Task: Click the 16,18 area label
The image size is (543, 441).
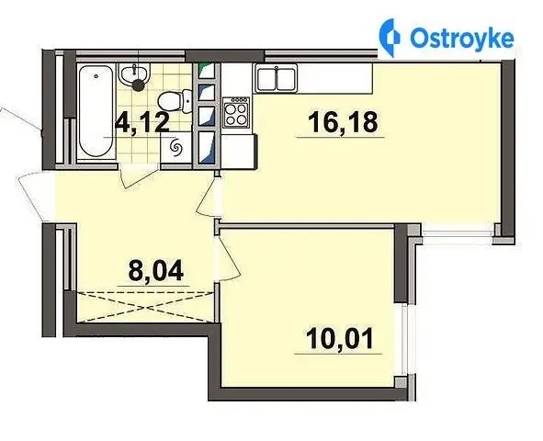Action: pos(342,122)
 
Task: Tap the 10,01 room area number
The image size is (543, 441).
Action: pos(340,338)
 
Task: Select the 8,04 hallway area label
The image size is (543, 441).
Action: pos(155,270)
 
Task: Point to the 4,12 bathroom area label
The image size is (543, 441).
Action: pos(142,122)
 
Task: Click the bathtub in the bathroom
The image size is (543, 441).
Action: pos(96,111)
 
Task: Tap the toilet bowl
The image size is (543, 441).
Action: pos(175,101)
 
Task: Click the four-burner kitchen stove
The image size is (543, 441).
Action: pos(236,112)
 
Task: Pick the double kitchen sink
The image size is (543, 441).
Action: pos(277,79)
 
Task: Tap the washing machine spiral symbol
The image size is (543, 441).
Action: pos(175,149)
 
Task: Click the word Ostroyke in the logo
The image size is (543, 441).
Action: pos(461,38)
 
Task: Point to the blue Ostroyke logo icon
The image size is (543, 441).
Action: pos(389,37)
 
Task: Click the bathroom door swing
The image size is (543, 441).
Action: pos(138,176)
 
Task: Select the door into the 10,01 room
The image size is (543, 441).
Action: pos(228,257)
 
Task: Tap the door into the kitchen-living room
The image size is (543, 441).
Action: pos(207,195)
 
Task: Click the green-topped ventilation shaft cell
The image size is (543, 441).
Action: pos(207,71)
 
